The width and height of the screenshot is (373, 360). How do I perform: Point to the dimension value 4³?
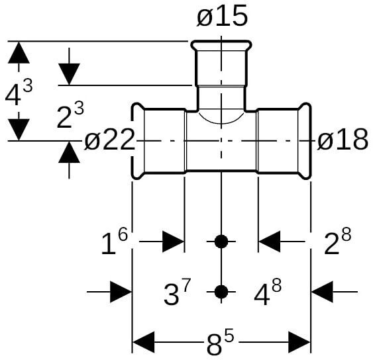coord(19,92)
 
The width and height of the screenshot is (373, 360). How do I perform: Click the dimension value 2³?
coord(70,115)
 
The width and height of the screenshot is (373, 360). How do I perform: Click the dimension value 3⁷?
coord(177,292)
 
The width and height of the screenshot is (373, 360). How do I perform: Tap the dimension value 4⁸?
coord(268,292)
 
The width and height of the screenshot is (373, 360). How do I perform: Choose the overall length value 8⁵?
coord(220,343)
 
